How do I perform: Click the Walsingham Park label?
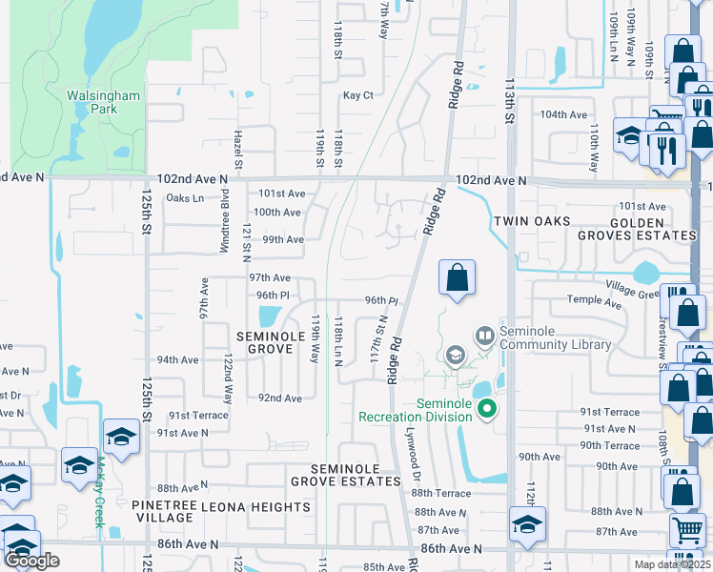coord(103,102)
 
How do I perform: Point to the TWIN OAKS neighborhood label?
coord(532,221)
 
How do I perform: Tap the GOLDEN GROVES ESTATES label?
coord(640,229)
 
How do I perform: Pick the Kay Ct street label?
coord(357,95)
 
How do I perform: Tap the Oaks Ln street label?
coord(185,198)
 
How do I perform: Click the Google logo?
coord(32,562)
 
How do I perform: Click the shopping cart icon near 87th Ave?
coord(686,530)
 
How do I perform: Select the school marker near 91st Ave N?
coord(121,437)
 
